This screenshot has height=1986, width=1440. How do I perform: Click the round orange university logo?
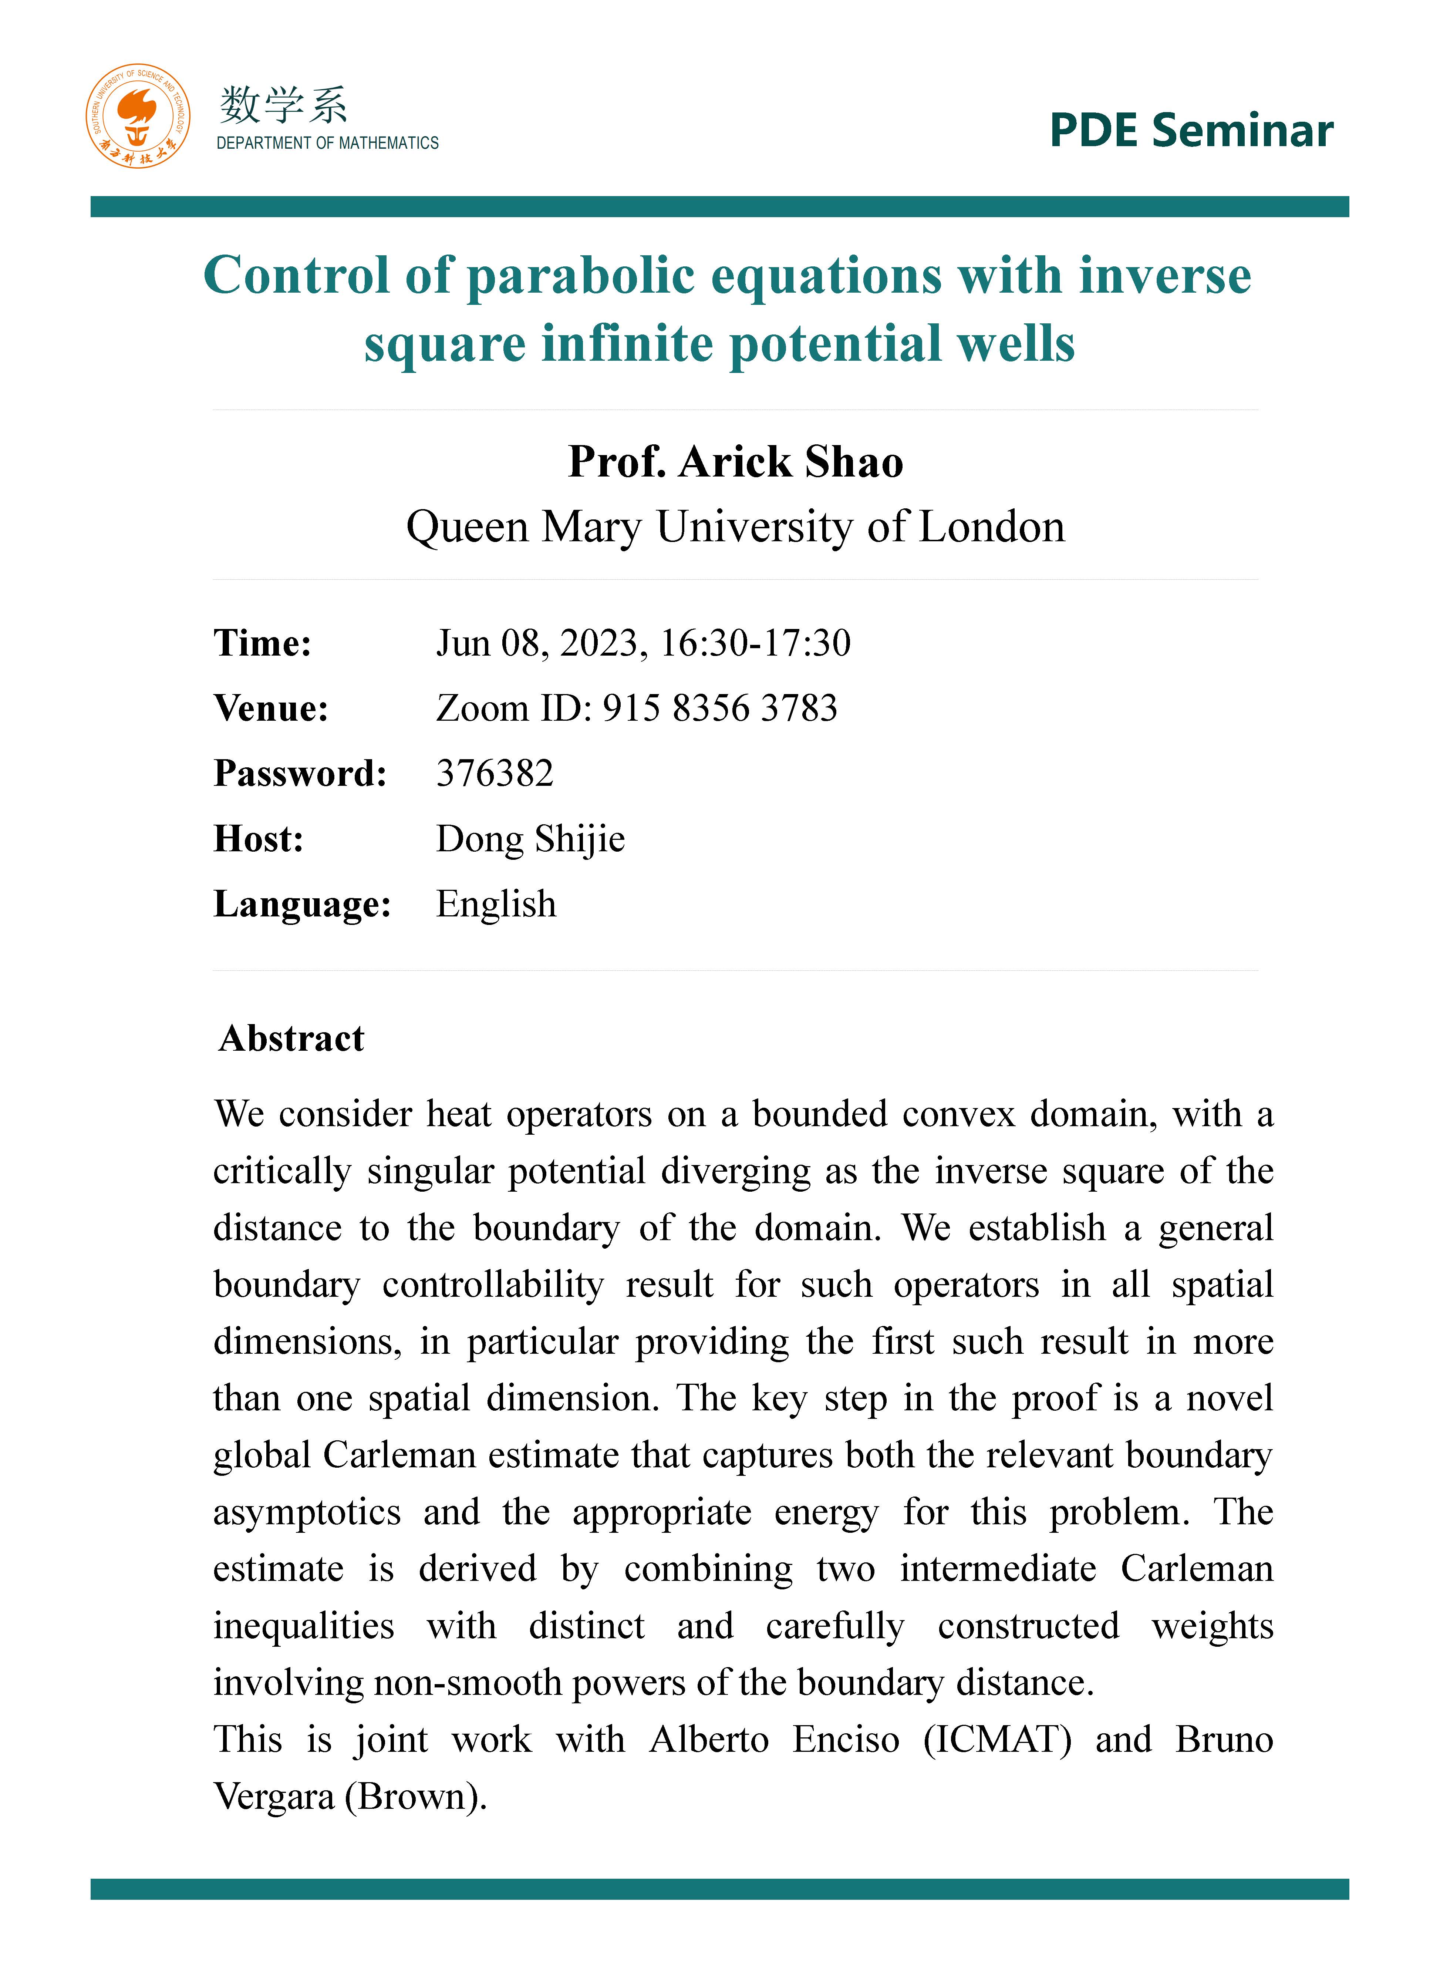138,117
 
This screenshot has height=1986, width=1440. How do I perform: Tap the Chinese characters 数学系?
283,106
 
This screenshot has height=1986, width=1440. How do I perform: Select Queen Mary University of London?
735,527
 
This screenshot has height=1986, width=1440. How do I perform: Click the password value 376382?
495,773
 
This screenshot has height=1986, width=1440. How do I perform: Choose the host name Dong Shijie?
530,839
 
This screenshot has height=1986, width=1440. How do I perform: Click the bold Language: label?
302,904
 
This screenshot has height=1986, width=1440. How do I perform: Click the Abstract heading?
291,1039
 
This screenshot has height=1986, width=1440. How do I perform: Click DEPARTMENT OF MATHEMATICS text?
327,143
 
